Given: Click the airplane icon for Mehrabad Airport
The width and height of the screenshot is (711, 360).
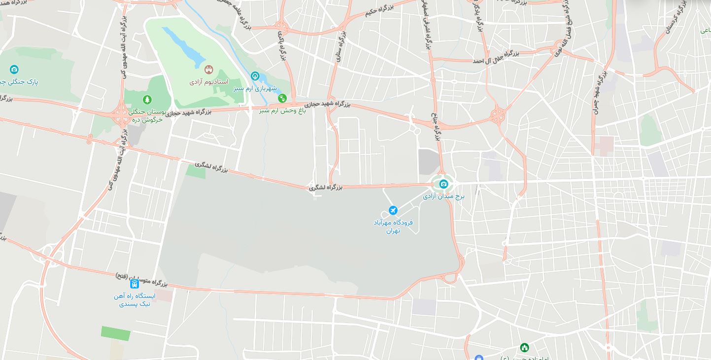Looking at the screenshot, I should pos(393,211).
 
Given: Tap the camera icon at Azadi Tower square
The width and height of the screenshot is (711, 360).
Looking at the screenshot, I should pos(443,184).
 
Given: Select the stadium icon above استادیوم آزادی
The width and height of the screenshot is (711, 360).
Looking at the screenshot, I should pos(208,70).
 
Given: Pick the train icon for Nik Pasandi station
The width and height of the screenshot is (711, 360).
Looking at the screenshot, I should pos(135,284).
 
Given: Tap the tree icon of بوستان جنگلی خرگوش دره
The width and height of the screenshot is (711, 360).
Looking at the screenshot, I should pos(147,100).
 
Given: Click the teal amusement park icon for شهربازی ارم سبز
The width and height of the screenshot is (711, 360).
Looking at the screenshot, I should pos(255,76).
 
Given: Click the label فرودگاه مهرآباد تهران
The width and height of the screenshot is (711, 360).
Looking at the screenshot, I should pos(393,226).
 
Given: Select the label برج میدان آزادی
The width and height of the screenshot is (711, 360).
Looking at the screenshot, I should pos(443,196).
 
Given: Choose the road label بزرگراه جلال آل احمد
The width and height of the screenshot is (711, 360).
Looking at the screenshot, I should pos(496,57).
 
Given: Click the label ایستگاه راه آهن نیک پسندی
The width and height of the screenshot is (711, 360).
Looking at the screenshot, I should pos(135,300).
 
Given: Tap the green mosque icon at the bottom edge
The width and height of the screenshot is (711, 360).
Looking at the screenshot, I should pos(524,348).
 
